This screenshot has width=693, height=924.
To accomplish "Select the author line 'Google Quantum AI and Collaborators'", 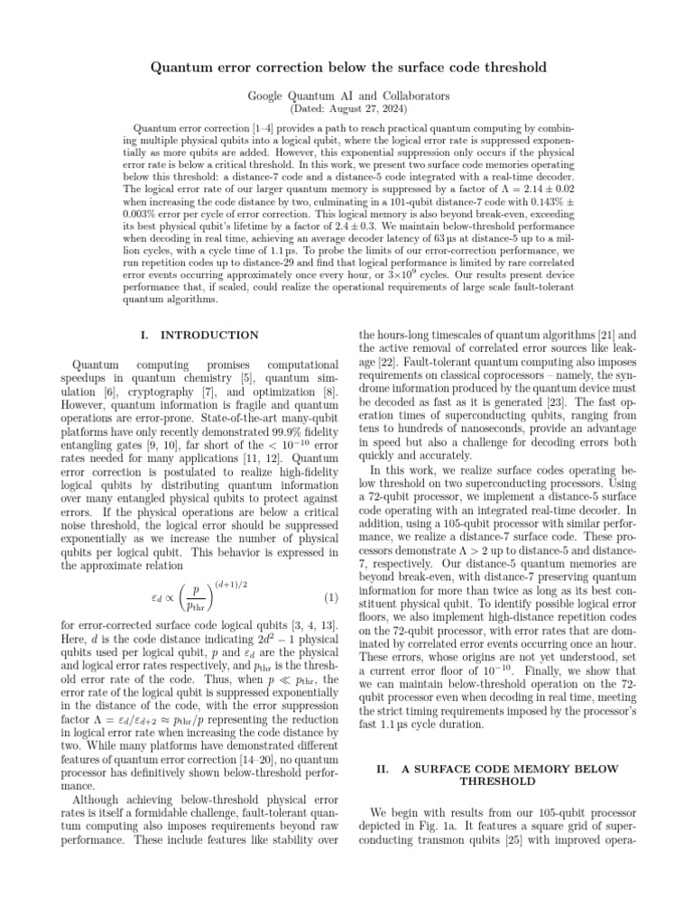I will pyautogui.click(x=346, y=95).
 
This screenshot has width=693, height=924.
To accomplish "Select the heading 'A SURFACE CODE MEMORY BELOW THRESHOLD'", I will pyautogui.click(x=497, y=775).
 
